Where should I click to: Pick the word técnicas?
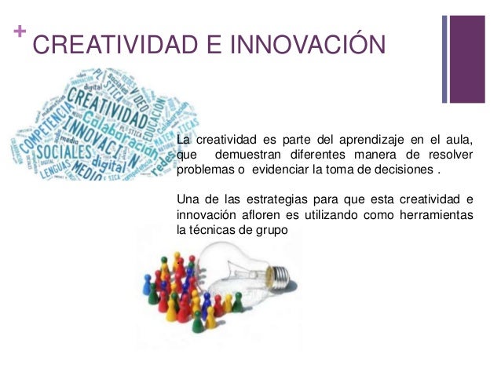click(218, 229)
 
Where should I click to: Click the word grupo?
click(272, 230)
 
